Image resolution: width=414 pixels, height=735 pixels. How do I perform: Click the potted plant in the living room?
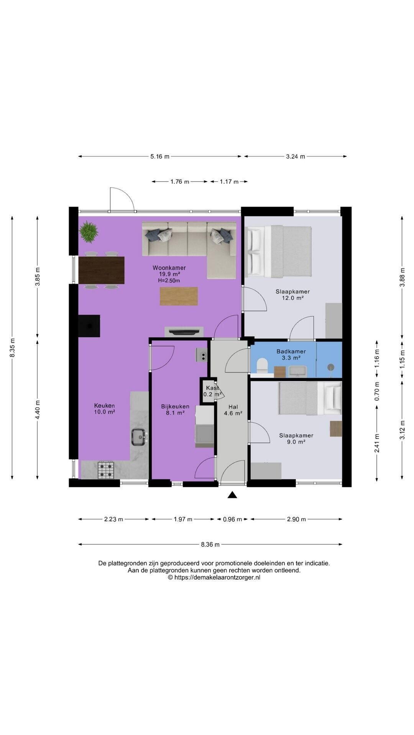(x=89, y=232)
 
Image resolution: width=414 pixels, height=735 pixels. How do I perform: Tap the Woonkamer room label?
(x=169, y=268)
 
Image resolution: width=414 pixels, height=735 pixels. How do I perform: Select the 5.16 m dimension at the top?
(x=160, y=156)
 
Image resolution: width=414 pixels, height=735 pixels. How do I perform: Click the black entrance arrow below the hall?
(x=232, y=495)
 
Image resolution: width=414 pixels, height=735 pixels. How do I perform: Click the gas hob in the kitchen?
(x=106, y=470)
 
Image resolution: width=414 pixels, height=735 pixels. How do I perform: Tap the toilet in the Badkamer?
(x=263, y=366)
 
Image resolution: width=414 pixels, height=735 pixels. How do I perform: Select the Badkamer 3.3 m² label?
(x=291, y=354)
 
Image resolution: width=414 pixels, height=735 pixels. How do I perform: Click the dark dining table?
(x=101, y=270)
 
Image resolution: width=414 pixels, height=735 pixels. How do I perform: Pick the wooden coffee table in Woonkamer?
(x=179, y=296)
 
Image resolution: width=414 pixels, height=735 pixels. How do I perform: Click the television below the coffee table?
(x=184, y=331)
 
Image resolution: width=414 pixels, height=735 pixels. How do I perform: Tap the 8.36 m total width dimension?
(x=210, y=544)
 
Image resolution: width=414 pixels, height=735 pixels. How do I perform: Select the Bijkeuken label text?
(x=175, y=407)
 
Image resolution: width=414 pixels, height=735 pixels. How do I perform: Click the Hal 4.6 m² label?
(x=233, y=410)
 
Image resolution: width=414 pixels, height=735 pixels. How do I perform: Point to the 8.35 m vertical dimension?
(x=12, y=348)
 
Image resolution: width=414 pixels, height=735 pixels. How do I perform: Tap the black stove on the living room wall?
(x=89, y=326)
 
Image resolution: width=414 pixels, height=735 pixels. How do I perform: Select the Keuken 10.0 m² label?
(x=105, y=409)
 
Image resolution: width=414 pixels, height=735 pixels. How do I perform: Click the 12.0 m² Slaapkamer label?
(x=293, y=295)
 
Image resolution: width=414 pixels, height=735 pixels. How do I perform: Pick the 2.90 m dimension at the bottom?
(x=296, y=519)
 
